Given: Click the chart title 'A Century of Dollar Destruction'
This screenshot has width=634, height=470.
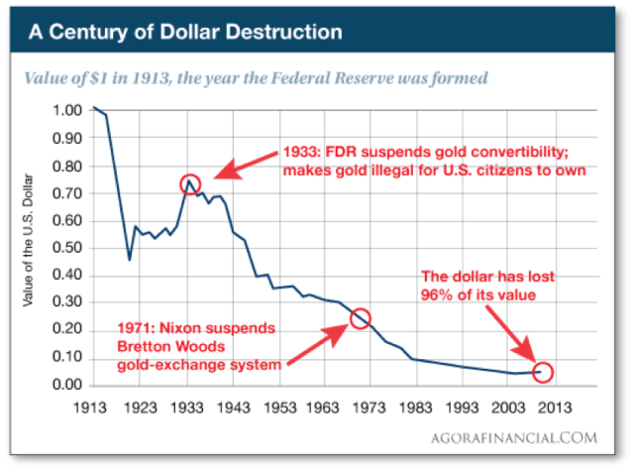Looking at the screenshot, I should click(x=184, y=32).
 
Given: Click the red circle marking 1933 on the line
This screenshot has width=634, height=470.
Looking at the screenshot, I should click(x=190, y=183).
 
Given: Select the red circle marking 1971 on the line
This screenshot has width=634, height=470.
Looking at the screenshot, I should click(x=361, y=318).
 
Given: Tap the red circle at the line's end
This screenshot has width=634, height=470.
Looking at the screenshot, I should click(x=542, y=372).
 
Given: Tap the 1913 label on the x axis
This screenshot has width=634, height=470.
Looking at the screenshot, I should click(x=94, y=405).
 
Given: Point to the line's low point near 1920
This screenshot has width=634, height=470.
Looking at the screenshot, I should click(x=130, y=260).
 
